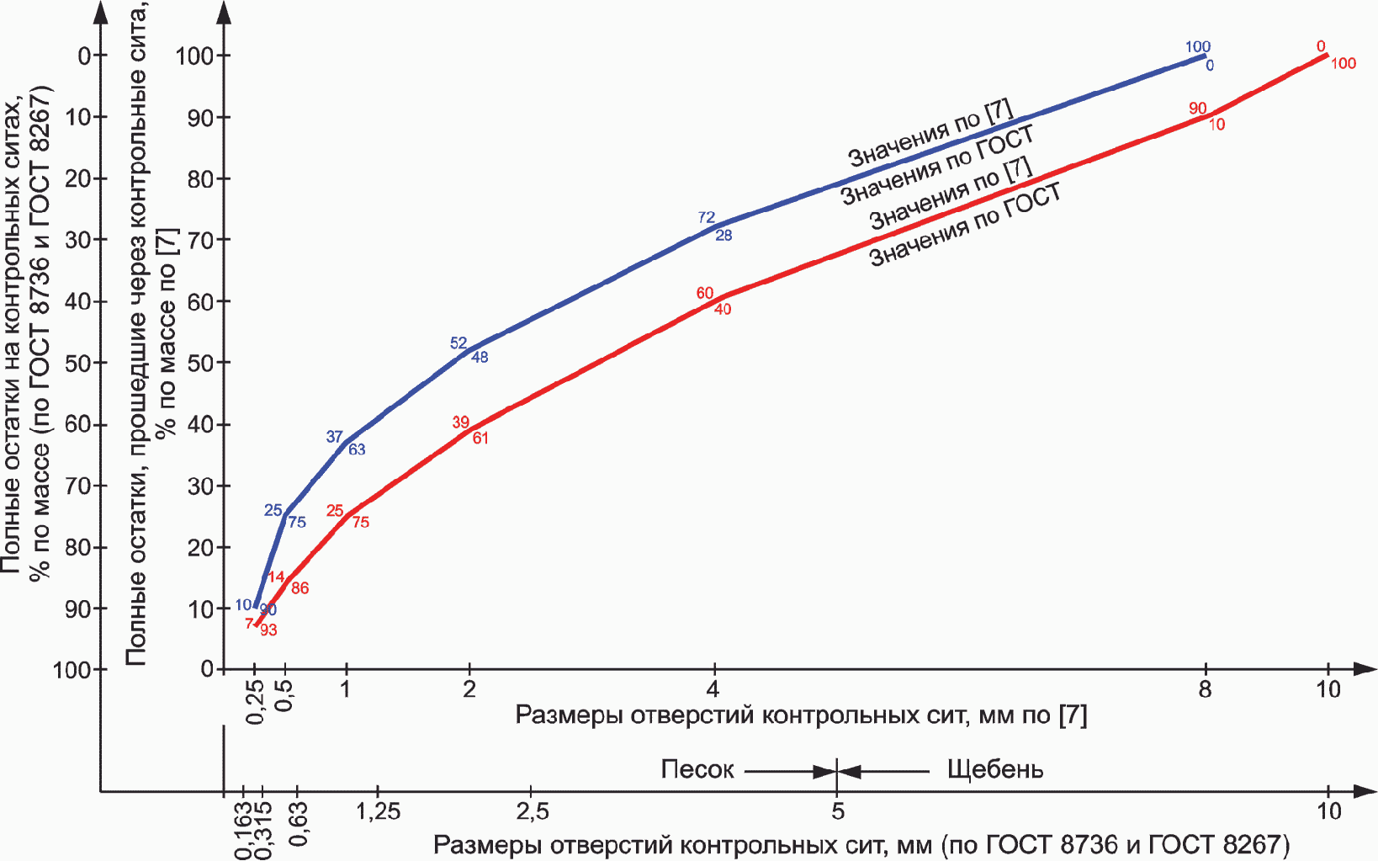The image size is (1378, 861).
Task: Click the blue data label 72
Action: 706,217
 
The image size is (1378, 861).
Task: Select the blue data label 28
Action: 723,236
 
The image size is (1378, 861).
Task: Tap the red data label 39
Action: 460,422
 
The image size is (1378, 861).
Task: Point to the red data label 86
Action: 299,588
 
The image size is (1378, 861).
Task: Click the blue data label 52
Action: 458,343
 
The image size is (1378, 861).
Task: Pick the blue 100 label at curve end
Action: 1197,46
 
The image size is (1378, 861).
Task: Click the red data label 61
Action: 480,438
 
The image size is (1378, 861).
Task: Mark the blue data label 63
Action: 357,449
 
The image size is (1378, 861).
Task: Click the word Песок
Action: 697,769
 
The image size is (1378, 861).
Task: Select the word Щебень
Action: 994,769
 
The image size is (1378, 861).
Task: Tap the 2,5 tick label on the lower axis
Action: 532,811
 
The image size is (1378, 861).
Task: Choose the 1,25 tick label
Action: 378,811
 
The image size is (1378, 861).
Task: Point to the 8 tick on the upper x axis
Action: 1206,689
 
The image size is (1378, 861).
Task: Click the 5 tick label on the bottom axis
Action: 837,811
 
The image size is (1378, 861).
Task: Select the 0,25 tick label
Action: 256,701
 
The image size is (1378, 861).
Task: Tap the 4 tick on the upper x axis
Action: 713,689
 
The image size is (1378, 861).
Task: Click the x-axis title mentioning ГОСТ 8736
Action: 861,844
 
